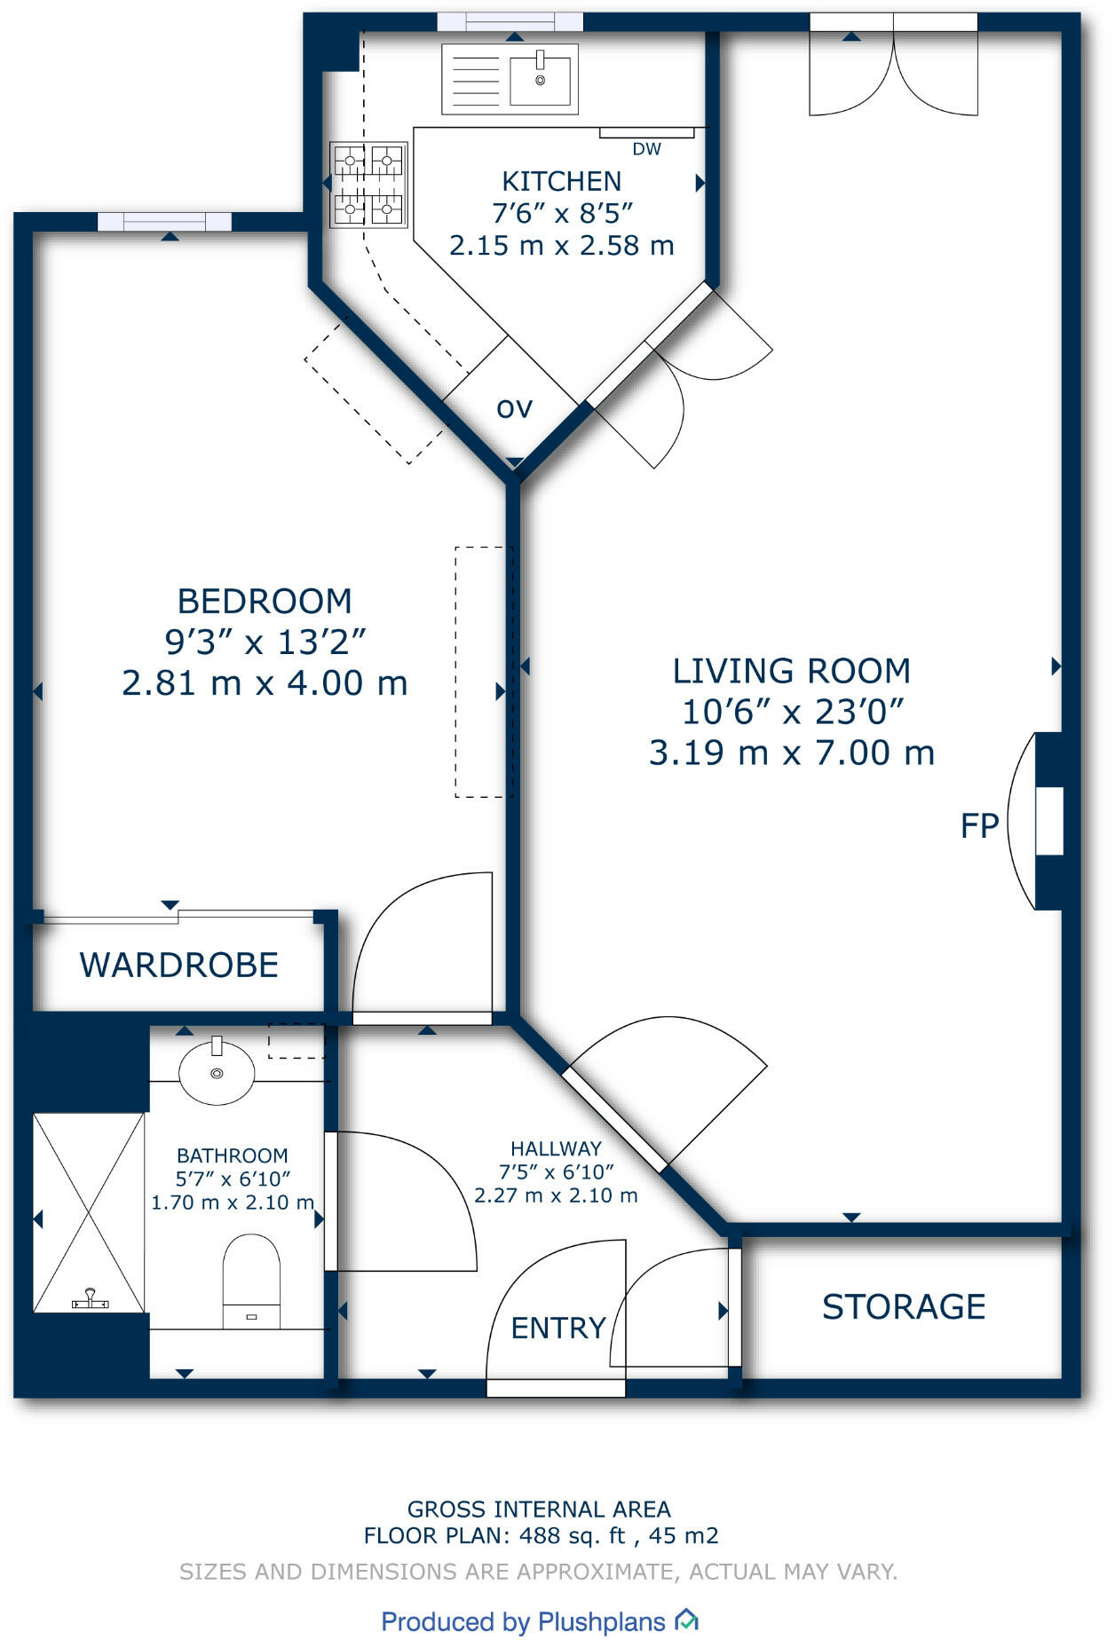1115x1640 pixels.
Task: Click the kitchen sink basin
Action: tap(540, 78)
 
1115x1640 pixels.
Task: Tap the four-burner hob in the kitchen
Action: tap(368, 185)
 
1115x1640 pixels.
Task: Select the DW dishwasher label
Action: tap(646, 149)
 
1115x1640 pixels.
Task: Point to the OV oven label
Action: tap(515, 409)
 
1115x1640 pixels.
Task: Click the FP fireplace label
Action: tap(980, 825)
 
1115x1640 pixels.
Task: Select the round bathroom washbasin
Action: tap(217, 1071)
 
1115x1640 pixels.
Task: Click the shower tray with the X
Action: tap(89, 1212)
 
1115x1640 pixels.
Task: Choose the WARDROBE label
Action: tap(179, 965)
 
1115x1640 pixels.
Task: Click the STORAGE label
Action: tap(904, 1306)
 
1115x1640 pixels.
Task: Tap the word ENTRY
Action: tap(558, 1328)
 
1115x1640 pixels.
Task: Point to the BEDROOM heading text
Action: tap(265, 602)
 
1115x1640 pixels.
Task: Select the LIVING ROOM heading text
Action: tap(792, 671)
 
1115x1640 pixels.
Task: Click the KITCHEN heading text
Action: tap(562, 181)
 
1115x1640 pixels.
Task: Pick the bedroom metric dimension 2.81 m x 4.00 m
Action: tap(265, 683)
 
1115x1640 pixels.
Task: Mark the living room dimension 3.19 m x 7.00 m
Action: tap(792, 753)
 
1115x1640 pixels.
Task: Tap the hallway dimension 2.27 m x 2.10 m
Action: tap(556, 1195)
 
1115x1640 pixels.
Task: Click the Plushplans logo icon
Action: tap(686, 1620)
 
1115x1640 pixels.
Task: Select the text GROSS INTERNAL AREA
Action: tap(539, 1509)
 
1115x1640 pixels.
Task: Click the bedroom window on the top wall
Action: tap(164, 222)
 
